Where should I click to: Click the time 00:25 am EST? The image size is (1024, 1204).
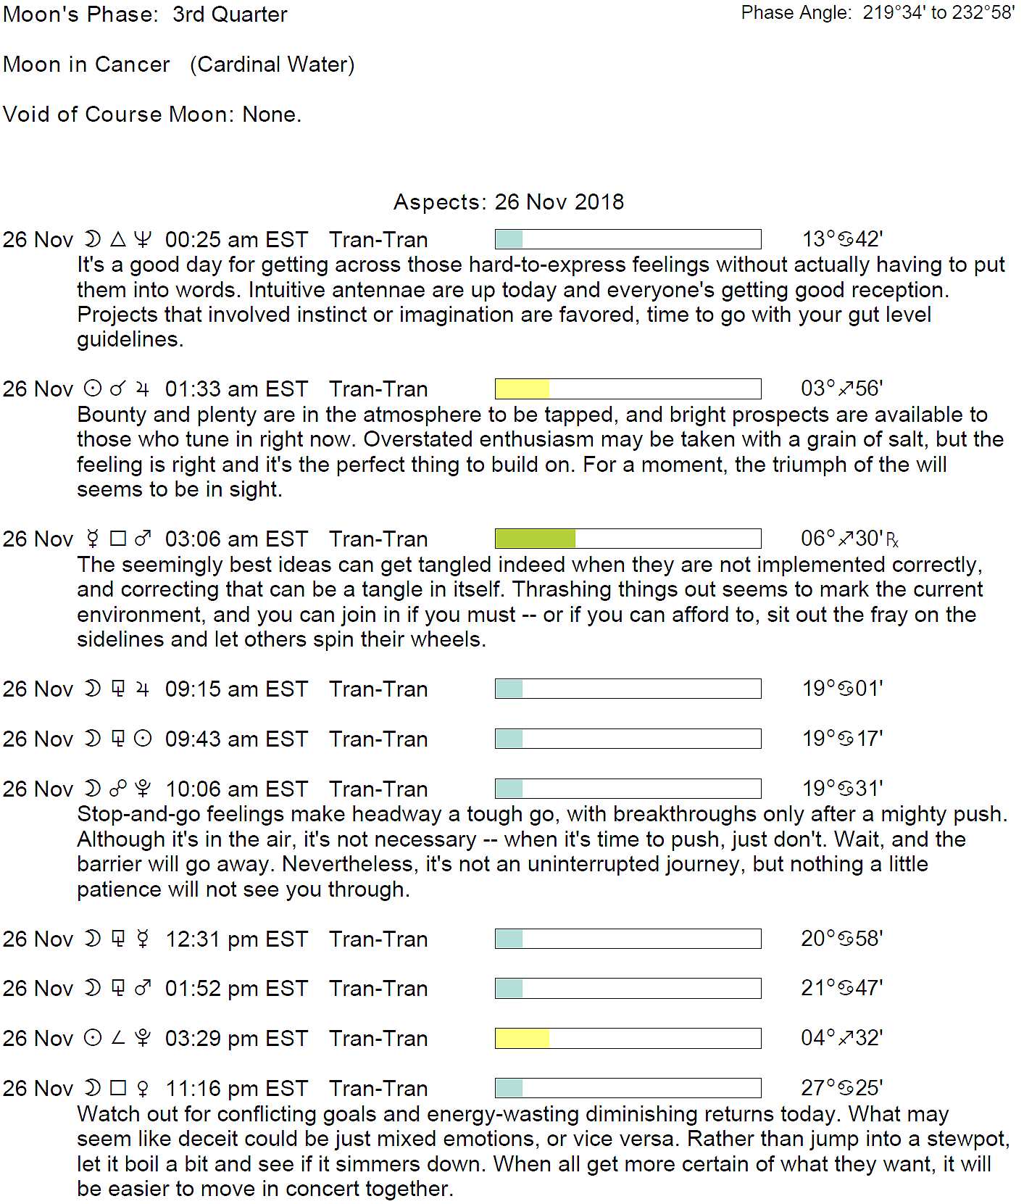click(236, 240)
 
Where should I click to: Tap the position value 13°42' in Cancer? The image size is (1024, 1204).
click(842, 239)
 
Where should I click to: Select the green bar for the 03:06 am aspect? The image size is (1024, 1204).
click(535, 539)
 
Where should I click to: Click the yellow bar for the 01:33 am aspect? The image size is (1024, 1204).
click(522, 389)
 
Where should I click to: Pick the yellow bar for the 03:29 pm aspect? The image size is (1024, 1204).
click(522, 1039)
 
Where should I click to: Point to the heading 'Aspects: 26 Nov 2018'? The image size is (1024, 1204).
click(509, 202)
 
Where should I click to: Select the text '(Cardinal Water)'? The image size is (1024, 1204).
click(272, 65)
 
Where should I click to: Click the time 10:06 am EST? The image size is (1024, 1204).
click(236, 789)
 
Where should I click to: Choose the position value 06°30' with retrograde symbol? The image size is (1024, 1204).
click(849, 539)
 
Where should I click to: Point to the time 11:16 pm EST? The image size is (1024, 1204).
click(236, 1089)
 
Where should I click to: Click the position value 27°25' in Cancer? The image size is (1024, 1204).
click(842, 1088)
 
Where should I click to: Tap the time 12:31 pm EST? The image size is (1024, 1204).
click(236, 939)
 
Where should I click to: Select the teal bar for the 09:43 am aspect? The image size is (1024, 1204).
click(509, 739)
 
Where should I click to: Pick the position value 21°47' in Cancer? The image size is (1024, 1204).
click(842, 988)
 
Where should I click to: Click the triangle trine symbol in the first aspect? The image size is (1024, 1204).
click(118, 239)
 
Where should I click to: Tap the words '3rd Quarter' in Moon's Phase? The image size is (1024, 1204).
click(230, 14)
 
